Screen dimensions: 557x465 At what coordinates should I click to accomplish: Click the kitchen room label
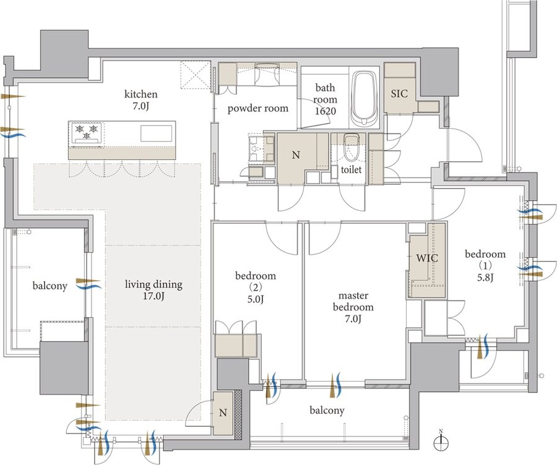[x=140, y=94]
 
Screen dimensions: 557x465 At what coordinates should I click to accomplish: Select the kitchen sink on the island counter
[x=157, y=134]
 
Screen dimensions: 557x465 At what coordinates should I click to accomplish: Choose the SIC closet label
[x=399, y=94]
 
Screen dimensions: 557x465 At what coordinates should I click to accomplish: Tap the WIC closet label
[x=427, y=258]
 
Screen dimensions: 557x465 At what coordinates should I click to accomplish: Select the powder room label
[x=258, y=108]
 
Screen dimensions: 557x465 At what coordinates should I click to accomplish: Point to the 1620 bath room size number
[x=326, y=111]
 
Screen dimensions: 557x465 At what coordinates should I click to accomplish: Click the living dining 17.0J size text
[x=153, y=296]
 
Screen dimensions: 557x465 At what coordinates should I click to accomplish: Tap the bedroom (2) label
[x=256, y=281]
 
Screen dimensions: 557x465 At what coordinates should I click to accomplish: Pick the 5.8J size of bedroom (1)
[x=486, y=277]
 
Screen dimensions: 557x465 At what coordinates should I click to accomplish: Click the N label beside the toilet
[x=296, y=155]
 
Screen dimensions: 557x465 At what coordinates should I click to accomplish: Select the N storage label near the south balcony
[x=223, y=412]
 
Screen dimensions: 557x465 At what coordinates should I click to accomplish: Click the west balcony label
[x=50, y=286]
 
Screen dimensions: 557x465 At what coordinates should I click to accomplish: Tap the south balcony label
[x=327, y=411]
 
